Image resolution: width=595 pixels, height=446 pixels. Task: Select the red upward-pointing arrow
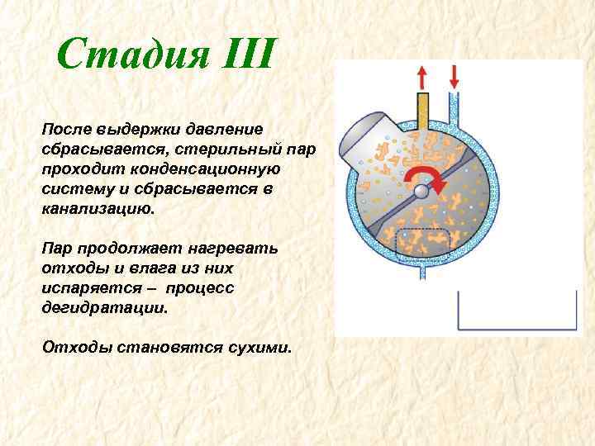pyautogui.click(x=422, y=78)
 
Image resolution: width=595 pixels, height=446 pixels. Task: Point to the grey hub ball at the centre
pyautogui.click(x=421, y=192)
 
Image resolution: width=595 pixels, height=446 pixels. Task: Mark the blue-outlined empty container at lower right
pyautogui.click(x=517, y=309)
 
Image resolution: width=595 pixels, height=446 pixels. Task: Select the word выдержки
pyautogui.click(x=131, y=130)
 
